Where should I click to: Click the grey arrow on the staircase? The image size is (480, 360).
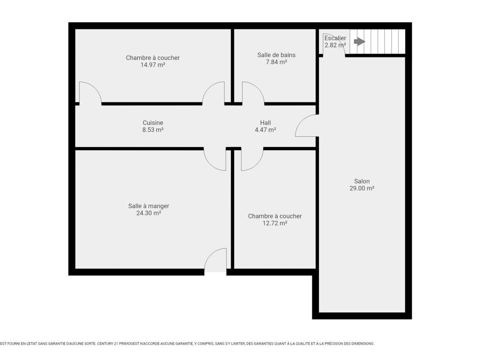tap(359, 41)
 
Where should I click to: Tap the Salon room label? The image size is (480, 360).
tap(362, 181)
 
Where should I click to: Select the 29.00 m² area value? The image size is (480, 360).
tap(362, 188)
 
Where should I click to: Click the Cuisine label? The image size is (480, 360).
tap(153, 123)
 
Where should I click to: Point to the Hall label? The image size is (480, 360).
tap(265, 123)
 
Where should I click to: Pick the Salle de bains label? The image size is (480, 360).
tap(276, 55)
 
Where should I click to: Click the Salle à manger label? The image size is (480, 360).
tap(149, 206)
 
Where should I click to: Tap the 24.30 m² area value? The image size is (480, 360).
tap(149, 213)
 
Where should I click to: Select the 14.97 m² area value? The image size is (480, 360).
tap(153, 65)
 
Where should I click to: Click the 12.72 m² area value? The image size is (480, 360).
tap(275, 223)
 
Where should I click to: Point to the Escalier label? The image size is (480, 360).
tap(335, 38)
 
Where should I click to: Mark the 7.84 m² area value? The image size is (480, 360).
tap(276, 62)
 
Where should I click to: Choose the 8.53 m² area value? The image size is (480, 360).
tap(153, 130)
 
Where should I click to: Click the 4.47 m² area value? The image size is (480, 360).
tap(265, 130)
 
